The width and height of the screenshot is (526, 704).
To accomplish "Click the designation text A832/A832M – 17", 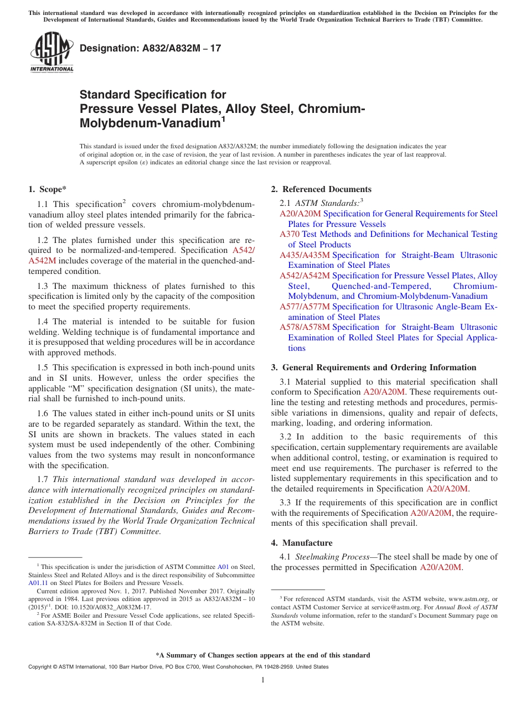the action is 150,48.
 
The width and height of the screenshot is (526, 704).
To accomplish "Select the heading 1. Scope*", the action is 48,189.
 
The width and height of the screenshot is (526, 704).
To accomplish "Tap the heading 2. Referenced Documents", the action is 321,189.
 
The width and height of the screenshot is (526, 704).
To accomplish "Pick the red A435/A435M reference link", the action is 305,255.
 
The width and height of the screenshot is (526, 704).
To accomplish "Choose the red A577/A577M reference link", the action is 305,307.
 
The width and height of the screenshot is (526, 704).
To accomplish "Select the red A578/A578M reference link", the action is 305,327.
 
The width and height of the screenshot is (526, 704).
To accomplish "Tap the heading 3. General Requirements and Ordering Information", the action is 373,367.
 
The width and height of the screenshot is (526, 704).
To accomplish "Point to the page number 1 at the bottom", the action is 263,680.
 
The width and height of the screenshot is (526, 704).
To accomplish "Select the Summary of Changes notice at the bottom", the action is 262,655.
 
